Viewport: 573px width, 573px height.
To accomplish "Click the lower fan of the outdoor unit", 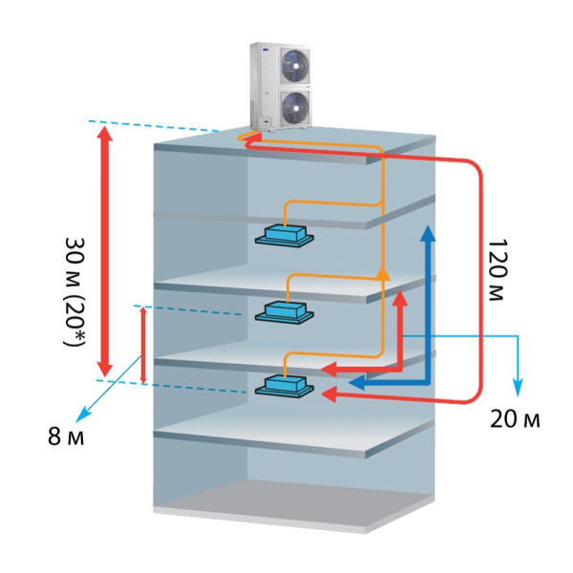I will coord(293,106).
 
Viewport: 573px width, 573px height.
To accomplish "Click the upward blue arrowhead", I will coord(429,236).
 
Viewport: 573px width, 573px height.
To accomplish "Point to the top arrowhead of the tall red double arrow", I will coord(106,135).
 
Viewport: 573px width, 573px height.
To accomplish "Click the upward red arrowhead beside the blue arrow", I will coord(402,299).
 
